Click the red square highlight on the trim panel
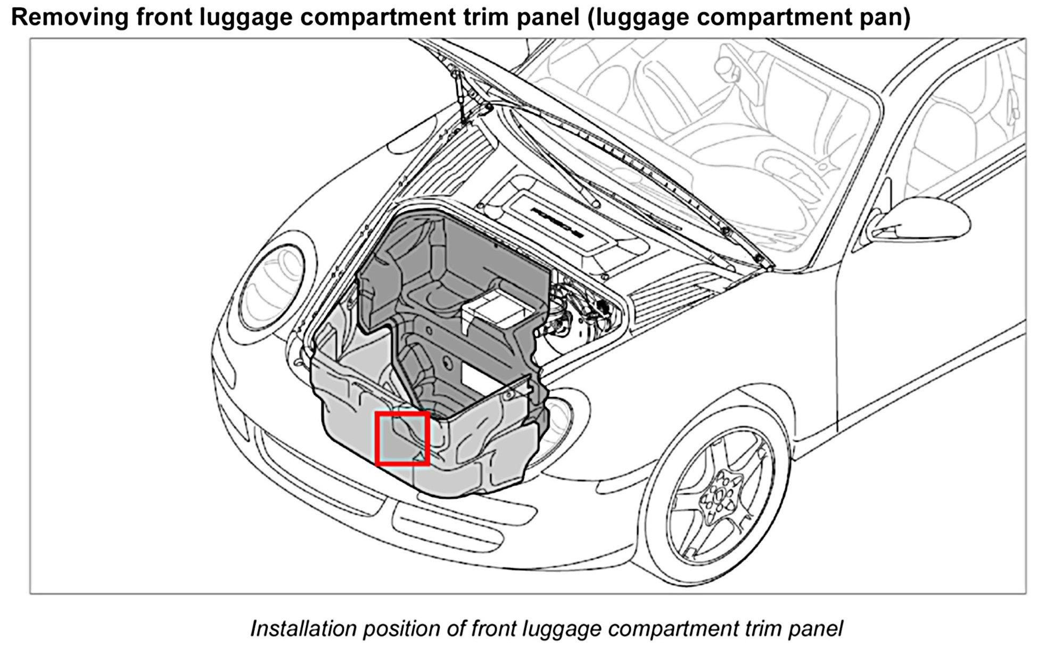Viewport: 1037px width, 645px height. click(x=402, y=439)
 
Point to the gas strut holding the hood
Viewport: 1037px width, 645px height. click(x=460, y=96)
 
